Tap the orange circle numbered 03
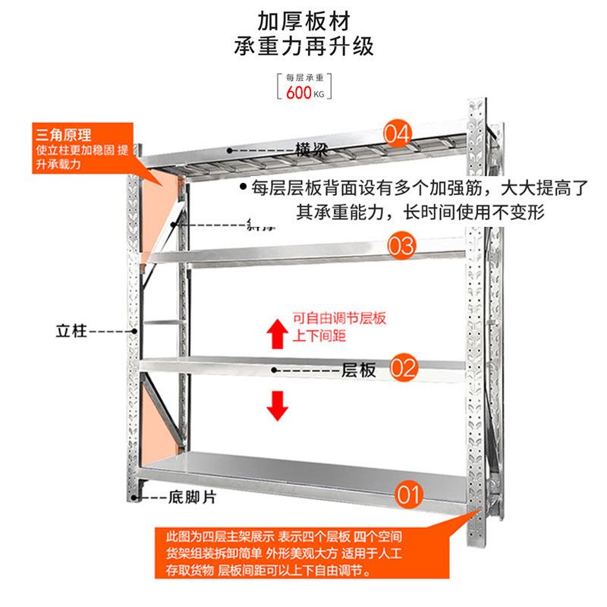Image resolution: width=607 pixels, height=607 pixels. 403,246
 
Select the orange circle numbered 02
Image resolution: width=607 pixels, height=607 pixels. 404,370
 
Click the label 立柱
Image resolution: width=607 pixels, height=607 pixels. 72,331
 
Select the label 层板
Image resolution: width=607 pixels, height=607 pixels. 358,370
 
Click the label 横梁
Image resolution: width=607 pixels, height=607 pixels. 310,149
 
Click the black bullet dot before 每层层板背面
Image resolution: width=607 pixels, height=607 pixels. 243,187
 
